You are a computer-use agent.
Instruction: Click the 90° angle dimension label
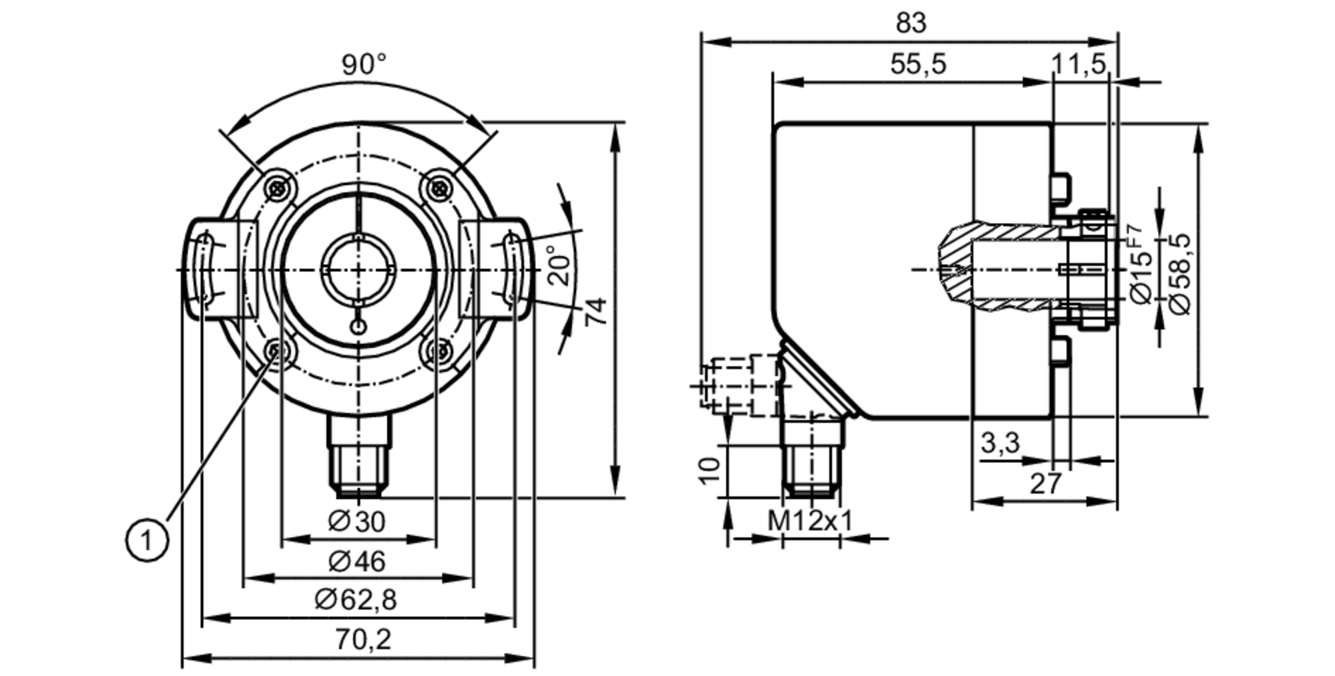(x=364, y=65)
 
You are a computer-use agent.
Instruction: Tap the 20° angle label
(x=561, y=267)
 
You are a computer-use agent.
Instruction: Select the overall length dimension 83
(x=910, y=23)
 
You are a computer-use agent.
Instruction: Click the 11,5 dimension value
(x=1079, y=65)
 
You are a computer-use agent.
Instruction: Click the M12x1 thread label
(x=810, y=521)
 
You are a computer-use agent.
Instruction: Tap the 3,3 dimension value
(x=1000, y=443)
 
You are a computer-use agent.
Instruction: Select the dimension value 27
(x=1045, y=484)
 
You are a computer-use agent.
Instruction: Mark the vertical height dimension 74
(x=595, y=311)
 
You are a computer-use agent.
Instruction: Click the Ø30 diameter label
(x=357, y=522)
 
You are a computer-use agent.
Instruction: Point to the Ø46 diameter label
(x=357, y=562)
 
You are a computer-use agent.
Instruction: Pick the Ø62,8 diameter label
(x=356, y=600)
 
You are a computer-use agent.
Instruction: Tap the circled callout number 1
(x=147, y=540)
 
